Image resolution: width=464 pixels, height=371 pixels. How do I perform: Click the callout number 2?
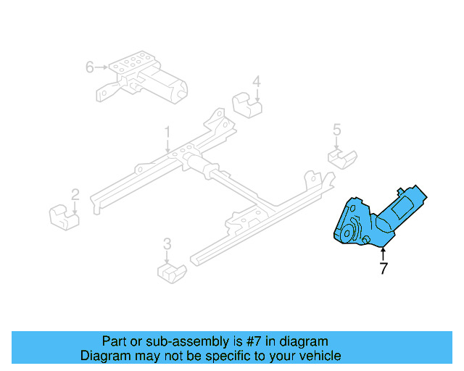click(x=75, y=194)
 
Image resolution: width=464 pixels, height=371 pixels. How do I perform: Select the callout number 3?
click(x=167, y=243)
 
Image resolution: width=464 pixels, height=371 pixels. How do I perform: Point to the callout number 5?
click(x=336, y=130)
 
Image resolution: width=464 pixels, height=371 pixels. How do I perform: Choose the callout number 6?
click(x=90, y=67)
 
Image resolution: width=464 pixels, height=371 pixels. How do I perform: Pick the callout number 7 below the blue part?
click(x=383, y=268)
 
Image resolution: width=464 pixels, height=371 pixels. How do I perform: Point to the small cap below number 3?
click(x=173, y=274)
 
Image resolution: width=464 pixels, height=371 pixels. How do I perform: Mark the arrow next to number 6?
click(x=102, y=67)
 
